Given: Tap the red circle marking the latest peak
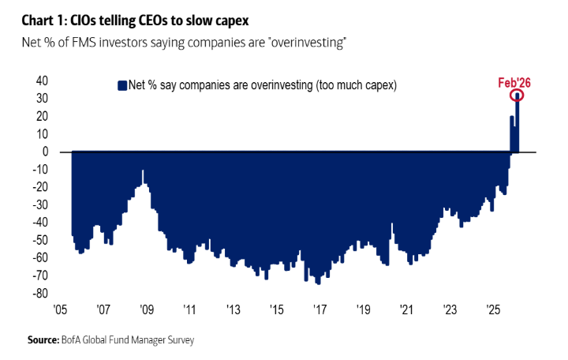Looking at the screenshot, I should tap(518, 96).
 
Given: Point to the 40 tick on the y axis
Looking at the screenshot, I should tap(42, 81).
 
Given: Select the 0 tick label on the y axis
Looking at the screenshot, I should tap(46, 152).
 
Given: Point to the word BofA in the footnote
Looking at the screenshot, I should tap(73, 340).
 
